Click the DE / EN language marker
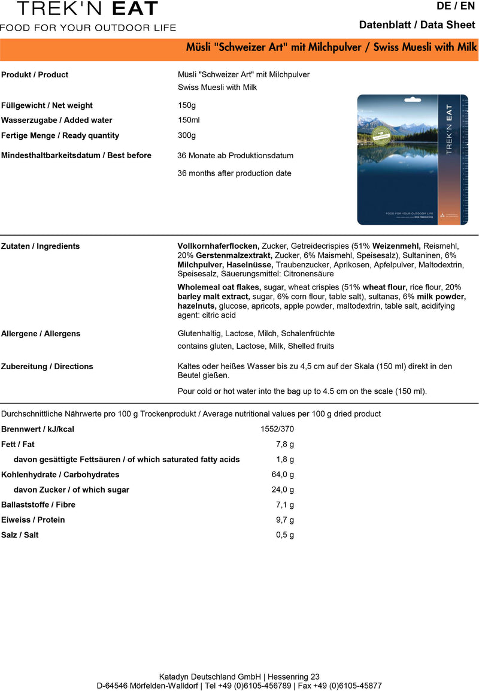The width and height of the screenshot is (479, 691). (459, 7)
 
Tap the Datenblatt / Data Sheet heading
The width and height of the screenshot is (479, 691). (417, 25)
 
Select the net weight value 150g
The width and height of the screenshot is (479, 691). (187, 105)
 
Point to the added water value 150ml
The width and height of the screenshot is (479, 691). (189, 120)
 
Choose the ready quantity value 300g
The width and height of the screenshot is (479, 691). (187, 135)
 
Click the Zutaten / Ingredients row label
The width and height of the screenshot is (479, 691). (40, 246)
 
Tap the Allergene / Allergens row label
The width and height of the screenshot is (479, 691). (41, 333)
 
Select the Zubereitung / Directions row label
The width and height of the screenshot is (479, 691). (47, 366)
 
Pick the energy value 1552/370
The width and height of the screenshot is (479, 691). (277, 429)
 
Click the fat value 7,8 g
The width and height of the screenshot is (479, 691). (285, 444)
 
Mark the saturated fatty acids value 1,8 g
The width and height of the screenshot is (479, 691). (285, 460)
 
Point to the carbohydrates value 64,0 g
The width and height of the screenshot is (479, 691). (283, 475)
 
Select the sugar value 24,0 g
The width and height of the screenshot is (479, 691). (283, 490)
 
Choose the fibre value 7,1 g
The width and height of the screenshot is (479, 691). (285, 505)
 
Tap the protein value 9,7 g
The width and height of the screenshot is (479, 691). (285, 520)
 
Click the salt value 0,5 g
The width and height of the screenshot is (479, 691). (285, 535)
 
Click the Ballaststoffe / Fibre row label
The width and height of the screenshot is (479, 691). (38, 505)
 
